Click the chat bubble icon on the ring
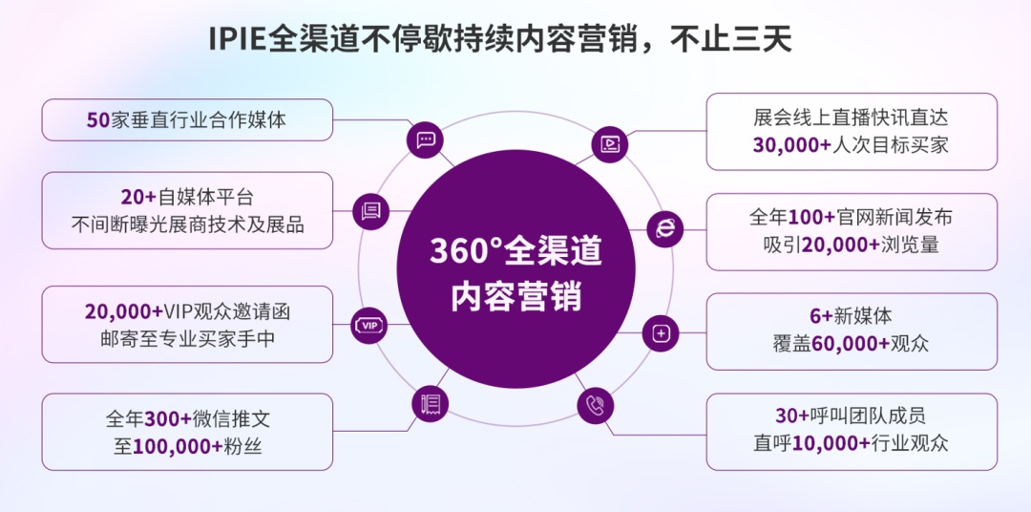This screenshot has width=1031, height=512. click(x=426, y=139)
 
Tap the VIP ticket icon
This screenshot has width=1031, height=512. click(x=370, y=325)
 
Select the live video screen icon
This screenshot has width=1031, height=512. click(x=609, y=144)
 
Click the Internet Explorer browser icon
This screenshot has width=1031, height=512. click(x=665, y=227)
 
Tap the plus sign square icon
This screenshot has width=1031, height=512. click(x=662, y=332)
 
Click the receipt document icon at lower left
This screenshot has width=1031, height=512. click(x=431, y=404)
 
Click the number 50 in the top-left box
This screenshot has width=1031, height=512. click(x=99, y=121)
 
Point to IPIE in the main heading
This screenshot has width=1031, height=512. click(x=239, y=40)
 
